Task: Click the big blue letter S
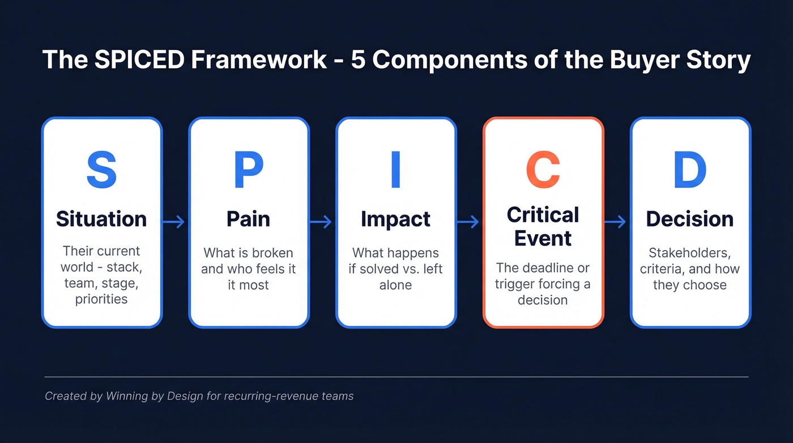(x=101, y=170)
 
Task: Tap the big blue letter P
(x=249, y=170)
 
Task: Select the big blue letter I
(x=396, y=170)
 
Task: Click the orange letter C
(x=543, y=170)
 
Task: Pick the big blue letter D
(x=690, y=170)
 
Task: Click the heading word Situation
(x=101, y=219)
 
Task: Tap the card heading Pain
(x=249, y=219)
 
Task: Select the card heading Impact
(x=396, y=219)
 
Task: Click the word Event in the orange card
(x=543, y=238)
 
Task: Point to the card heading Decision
(x=690, y=219)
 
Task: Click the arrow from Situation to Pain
(x=174, y=222)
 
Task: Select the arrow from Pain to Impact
(x=321, y=222)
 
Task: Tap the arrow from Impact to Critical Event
(x=468, y=222)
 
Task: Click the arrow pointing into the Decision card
(x=616, y=222)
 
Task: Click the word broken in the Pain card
(x=274, y=253)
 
